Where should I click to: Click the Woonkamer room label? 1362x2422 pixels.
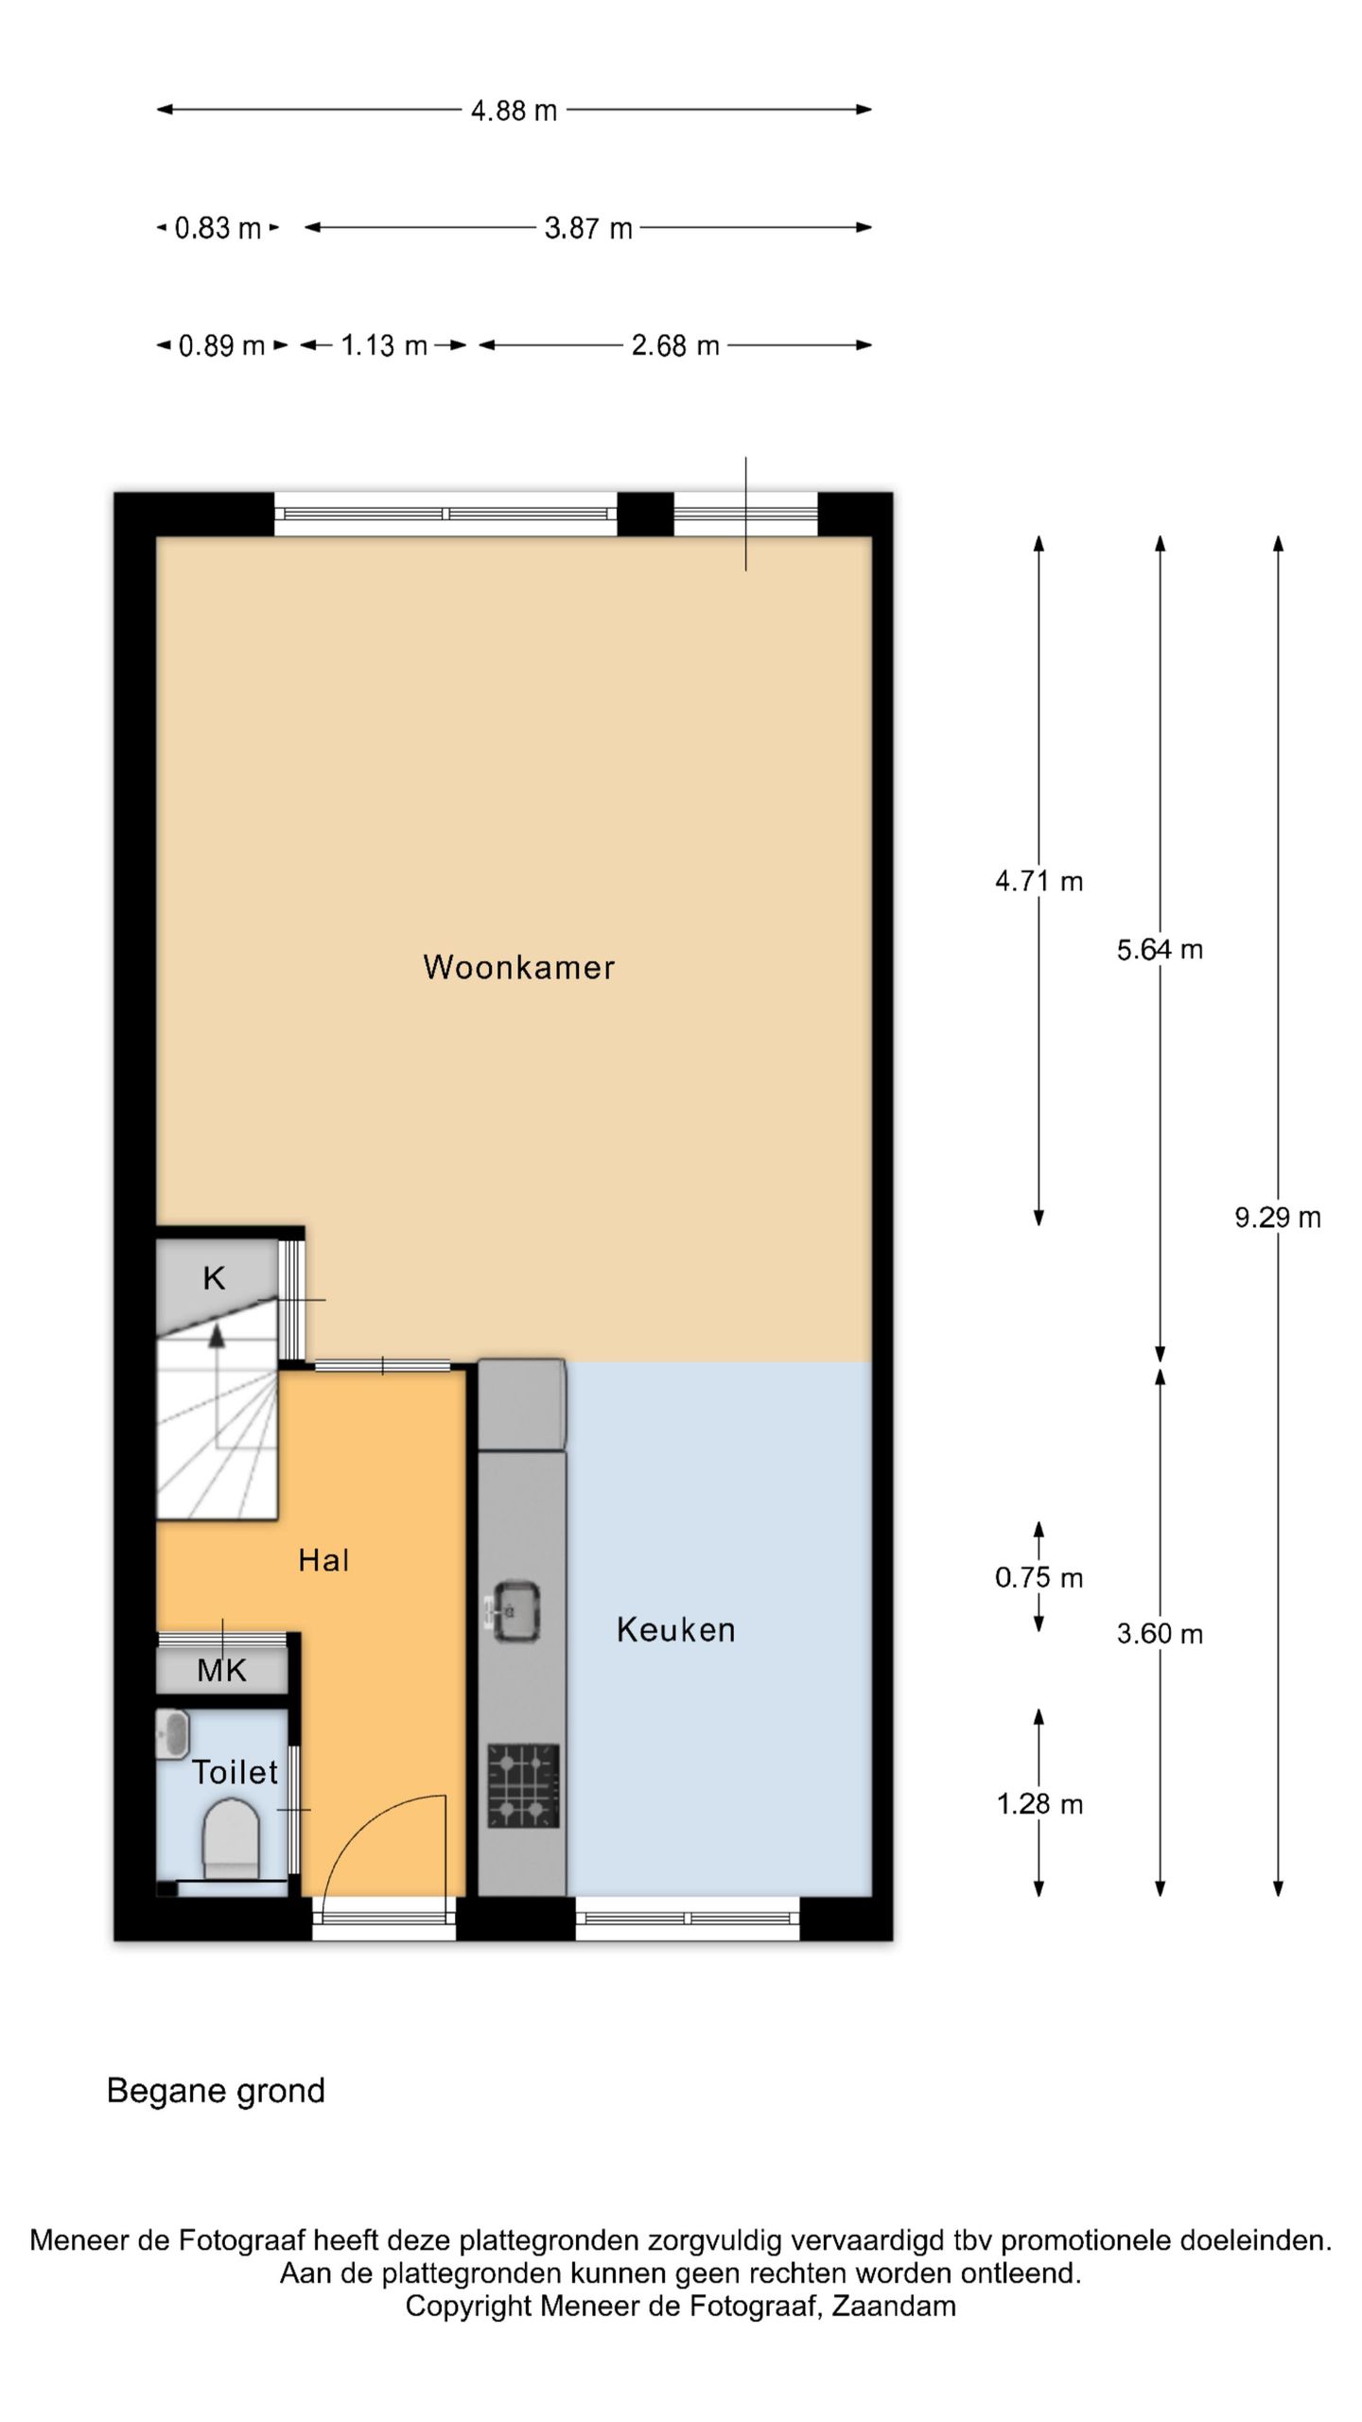(518, 967)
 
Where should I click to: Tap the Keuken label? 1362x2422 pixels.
(675, 1629)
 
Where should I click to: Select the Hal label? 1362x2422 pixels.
(323, 1560)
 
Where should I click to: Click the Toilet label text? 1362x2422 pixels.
(235, 1772)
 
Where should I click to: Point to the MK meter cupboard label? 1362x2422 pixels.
(222, 1671)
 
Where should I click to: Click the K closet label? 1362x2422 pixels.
(214, 1278)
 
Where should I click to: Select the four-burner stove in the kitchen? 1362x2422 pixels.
(523, 1785)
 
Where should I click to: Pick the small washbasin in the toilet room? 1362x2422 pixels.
(173, 1735)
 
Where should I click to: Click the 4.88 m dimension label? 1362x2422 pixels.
(514, 111)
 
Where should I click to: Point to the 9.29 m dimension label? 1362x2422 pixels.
(1277, 1218)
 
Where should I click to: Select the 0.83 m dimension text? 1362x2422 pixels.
(218, 228)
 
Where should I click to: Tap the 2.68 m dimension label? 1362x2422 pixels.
(675, 345)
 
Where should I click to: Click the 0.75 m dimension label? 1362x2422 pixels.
(1039, 1577)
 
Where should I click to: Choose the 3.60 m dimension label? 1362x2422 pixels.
(1160, 1634)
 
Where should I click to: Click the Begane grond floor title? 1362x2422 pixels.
(216, 2090)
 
